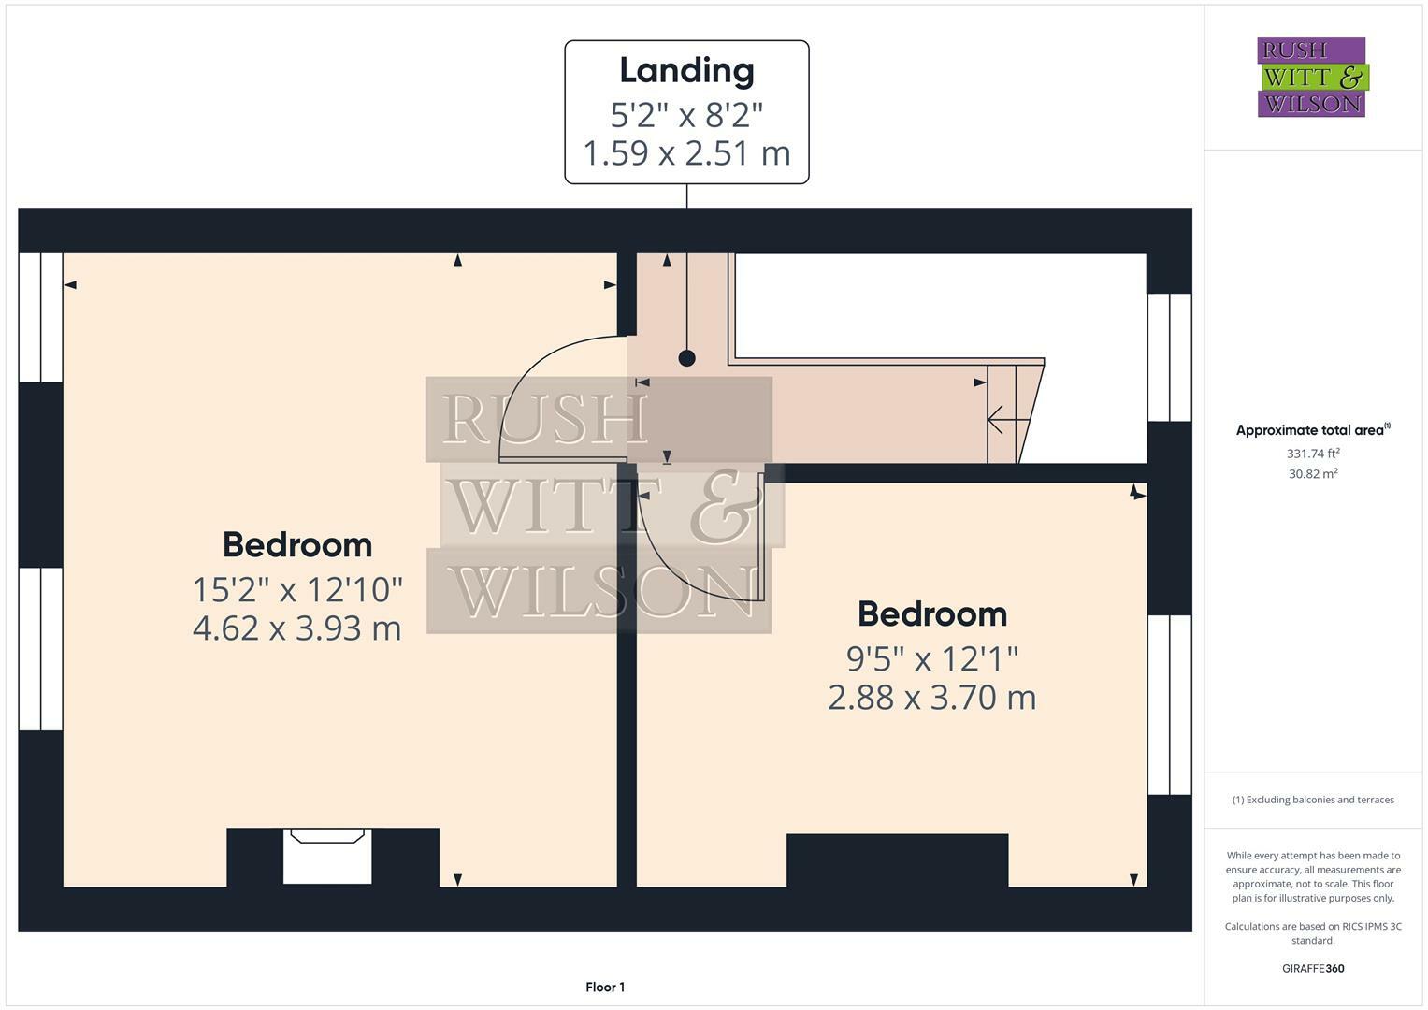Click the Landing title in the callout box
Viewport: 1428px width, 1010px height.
coord(686,71)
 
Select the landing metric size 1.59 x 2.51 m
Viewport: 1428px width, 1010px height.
coord(686,152)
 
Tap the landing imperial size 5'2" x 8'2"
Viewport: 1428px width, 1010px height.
coord(686,115)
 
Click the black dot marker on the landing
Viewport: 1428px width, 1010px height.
coord(687,358)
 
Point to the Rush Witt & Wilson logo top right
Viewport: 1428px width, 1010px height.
coord(1311,78)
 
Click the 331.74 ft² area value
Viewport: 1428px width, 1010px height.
coord(1313,454)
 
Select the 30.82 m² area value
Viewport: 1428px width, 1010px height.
coord(1313,474)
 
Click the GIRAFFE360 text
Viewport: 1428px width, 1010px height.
coord(1313,968)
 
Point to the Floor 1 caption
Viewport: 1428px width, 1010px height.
coord(605,987)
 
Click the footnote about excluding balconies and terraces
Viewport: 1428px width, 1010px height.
coord(1313,800)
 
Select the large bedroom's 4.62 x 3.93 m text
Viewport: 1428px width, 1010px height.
coord(296,628)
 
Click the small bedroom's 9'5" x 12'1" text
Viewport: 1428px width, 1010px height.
coord(931,659)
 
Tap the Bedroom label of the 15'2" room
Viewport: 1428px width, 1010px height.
coord(296,544)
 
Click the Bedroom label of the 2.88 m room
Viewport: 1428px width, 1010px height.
coord(931,614)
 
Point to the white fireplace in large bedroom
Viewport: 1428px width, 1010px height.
coord(327,857)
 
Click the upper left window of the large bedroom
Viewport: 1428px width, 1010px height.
coord(40,317)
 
